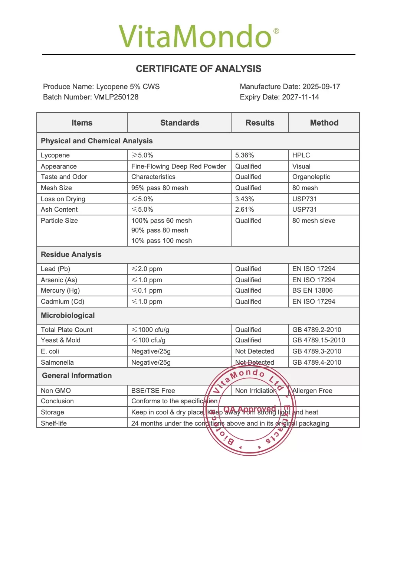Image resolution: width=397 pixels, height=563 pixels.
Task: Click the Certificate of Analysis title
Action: click(x=198, y=69)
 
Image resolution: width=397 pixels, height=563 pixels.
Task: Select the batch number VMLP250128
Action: click(x=116, y=97)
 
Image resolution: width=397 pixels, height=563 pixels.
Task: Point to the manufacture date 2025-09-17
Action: click(x=321, y=87)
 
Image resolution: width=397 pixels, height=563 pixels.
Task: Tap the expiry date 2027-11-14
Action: click(x=300, y=97)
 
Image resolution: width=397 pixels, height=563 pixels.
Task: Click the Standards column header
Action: click(x=180, y=123)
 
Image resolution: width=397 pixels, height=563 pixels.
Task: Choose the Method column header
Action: click(x=324, y=123)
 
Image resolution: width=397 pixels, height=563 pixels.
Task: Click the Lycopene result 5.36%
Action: click(x=245, y=155)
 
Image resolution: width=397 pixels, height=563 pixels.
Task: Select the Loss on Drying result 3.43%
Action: click(x=245, y=199)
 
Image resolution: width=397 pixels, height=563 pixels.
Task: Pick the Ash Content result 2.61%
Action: click(x=245, y=209)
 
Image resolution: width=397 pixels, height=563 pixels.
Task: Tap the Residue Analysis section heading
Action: click(x=71, y=254)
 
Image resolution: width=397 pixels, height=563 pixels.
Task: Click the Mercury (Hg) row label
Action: click(x=60, y=290)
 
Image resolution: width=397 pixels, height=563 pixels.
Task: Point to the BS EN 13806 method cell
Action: click(x=312, y=290)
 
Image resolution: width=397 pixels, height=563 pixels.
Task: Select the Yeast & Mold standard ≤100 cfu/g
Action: click(x=148, y=340)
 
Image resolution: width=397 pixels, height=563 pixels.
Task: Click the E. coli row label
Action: click(x=50, y=351)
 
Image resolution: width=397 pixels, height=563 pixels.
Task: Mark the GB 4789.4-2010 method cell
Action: click(x=316, y=362)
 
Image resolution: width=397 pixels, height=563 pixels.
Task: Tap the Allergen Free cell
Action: click(x=312, y=391)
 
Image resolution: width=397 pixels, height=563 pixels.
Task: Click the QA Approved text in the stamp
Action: click(x=249, y=409)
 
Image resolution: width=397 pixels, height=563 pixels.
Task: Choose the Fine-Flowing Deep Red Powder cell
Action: click(x=178, y=166)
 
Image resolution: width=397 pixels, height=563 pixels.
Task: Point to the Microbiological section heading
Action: click(x=68, y=315)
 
